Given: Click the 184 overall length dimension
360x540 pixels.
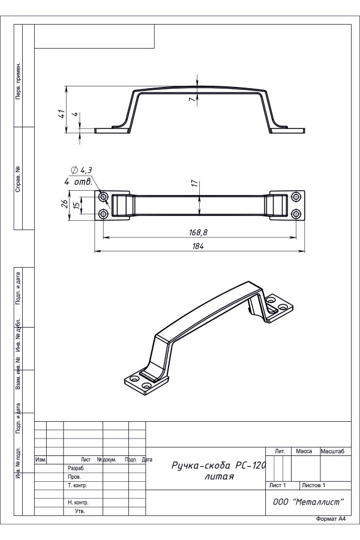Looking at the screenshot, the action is (x=199, y=246).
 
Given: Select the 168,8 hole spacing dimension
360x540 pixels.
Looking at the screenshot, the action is (x=199, y=232).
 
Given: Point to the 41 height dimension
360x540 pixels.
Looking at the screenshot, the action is (x=61, y=113).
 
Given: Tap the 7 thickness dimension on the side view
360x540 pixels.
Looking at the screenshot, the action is (x=192, y=99).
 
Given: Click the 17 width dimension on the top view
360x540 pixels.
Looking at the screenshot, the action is (x=195, y=183).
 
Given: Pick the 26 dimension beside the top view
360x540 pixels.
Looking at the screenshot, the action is (x=64, y=204).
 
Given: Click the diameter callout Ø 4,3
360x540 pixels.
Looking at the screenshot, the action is (x=82, y=170).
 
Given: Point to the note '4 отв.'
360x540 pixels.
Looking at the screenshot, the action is (x=78, y=181).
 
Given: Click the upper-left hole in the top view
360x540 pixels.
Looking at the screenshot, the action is (x=103, y=197).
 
